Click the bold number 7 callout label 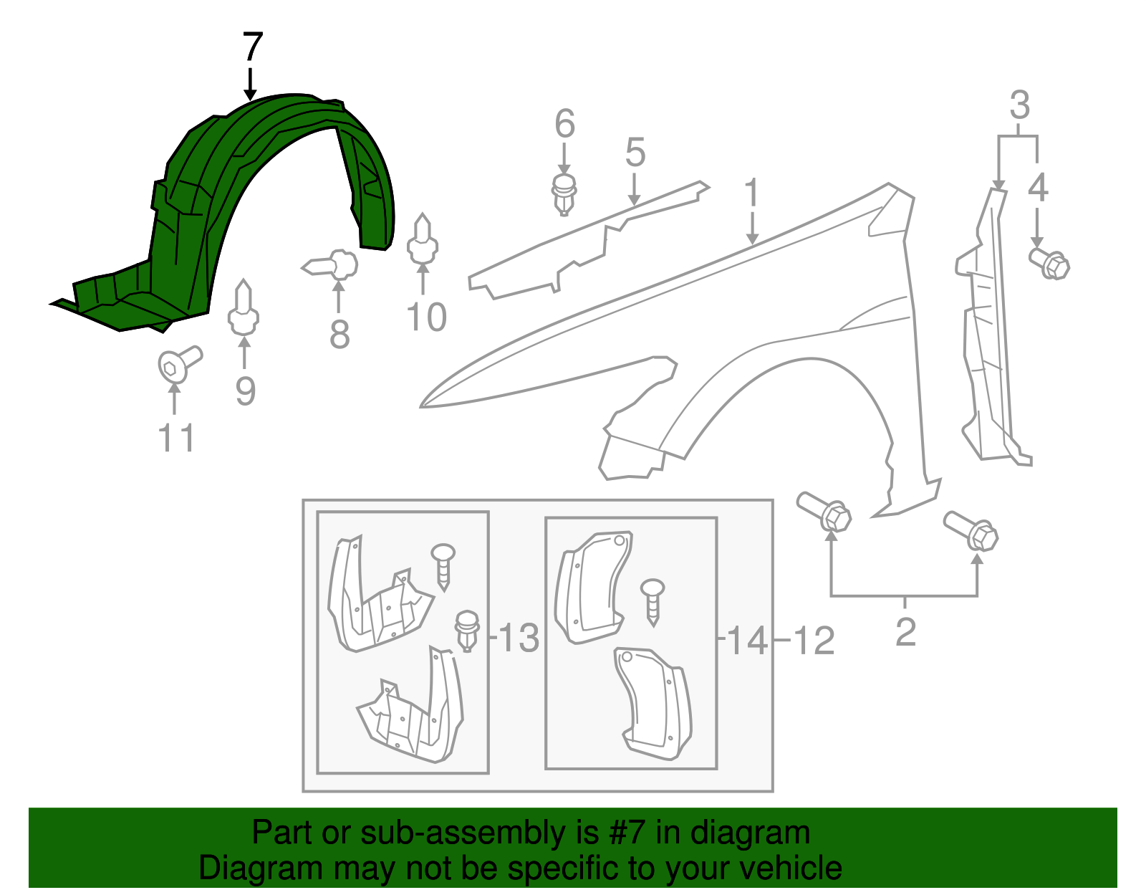tap(253, 48)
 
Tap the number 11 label tap(176, 438)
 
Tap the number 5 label tap(635, 153)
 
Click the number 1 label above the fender tap(751, 193)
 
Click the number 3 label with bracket tap(1019, 105)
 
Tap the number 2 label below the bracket tap(905, 632)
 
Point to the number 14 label tap(747, 639)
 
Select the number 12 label tap(814, 641)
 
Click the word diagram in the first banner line tap(750, 833)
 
